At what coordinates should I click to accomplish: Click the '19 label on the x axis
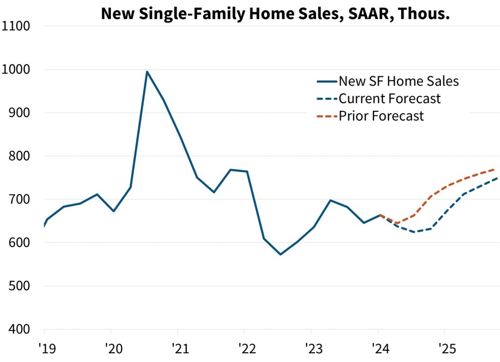coord(44,350)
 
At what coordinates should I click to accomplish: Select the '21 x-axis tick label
coord(178,350)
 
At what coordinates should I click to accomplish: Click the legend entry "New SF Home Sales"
coord(399,81)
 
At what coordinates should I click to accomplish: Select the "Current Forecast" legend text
coord(390,99)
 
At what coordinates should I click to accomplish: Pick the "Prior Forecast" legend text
coord(381,116)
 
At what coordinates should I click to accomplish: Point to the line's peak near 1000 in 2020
coord(147,72)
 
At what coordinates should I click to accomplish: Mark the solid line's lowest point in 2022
coord(280,254)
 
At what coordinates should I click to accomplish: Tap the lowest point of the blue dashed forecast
coord(416,232)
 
